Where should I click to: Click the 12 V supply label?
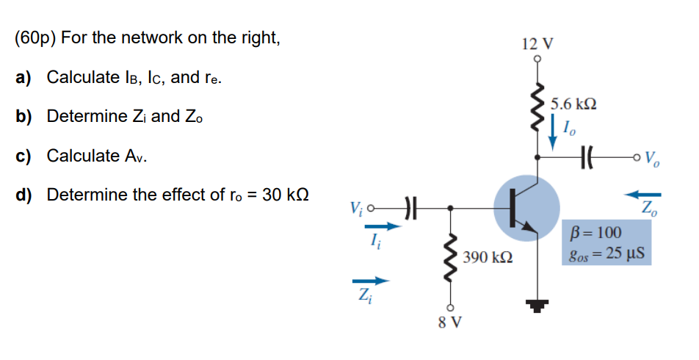point(537,43)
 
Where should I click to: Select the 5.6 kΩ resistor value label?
point(573,104)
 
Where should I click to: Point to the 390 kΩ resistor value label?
point(488,259)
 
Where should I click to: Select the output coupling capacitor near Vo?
point(587,156)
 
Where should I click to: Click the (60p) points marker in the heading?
point(36,37)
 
